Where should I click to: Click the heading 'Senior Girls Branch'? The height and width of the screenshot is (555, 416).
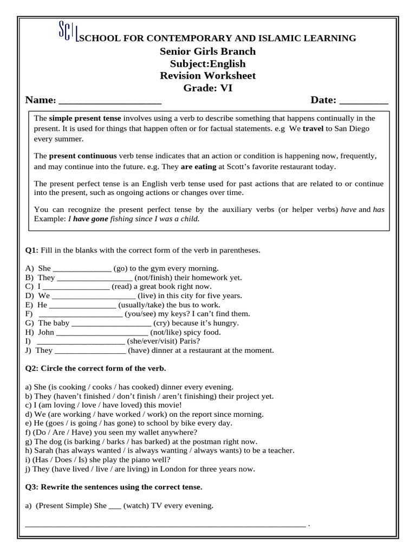[207, 51]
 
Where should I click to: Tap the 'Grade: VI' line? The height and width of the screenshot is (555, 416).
[207, 88]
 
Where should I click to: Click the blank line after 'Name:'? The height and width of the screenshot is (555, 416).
[109, 101]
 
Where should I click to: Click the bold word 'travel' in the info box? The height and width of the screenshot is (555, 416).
[313, 130]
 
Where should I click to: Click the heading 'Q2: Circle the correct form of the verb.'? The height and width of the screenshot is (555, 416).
[96, 369]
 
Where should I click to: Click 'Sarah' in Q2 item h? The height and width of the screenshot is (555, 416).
[44, 450]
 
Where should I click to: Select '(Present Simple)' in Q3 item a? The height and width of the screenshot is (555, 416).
[58, 506]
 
